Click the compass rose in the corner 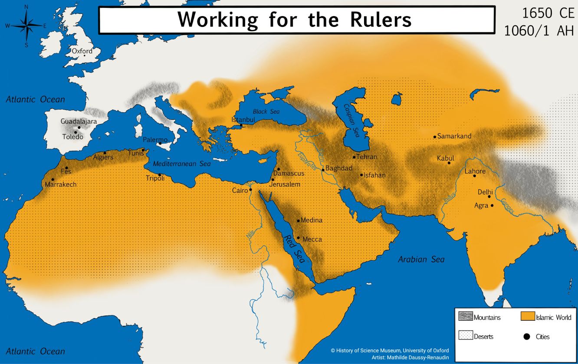click(26, 26)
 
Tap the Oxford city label click(82, 51)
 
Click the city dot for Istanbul click(241, 126)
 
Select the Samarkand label click(454, 136)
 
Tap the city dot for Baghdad click(323, 170)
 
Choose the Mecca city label click(312, 239)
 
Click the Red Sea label click(294, 250)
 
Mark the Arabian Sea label click(421, 260)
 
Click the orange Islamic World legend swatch click(527, 317)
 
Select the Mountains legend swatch click(465, 317)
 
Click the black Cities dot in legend click(527, 336)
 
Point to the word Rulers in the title click(375, 19)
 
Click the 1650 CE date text click(548, 13)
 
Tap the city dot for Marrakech click(53, 179)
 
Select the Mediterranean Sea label click(182, 164)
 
